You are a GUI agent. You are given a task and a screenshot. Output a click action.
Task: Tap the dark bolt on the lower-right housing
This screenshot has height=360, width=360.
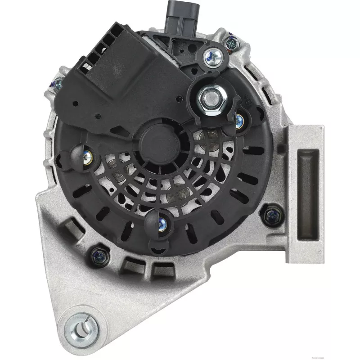[271, 215]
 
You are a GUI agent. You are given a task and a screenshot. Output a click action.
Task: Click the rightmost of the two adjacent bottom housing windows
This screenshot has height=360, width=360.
[157, 270]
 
